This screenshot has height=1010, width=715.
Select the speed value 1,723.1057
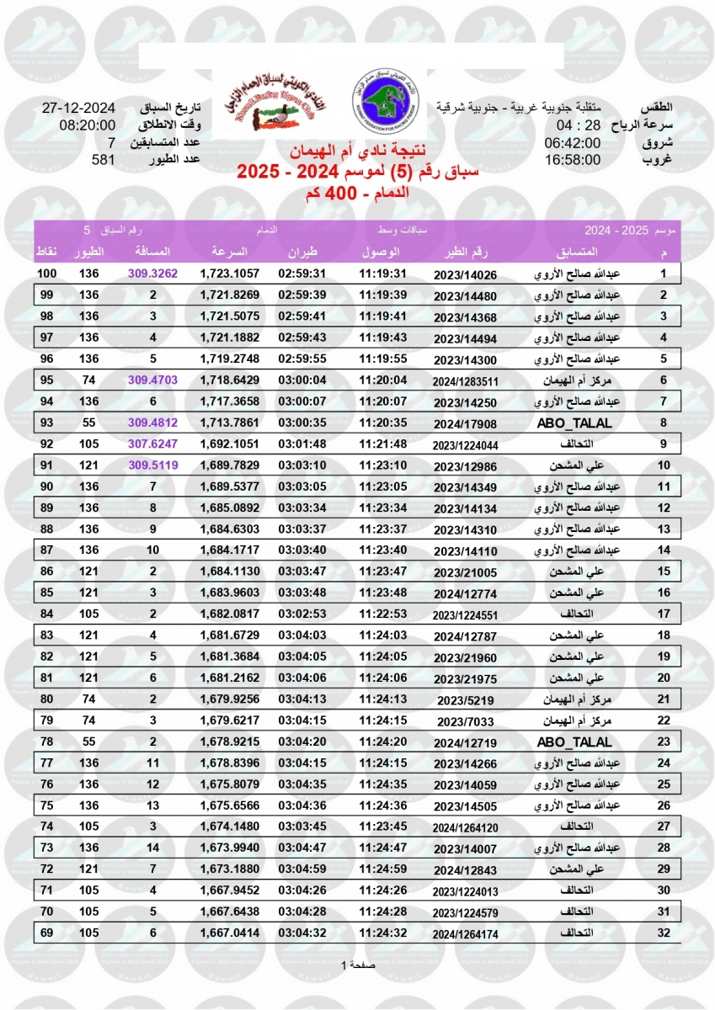click(x=230, y=274)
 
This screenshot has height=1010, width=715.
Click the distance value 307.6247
click(x=152, y=443)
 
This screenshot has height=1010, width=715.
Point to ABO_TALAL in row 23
click(x=574, y=742)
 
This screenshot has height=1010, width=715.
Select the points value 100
click(x=47, y=274)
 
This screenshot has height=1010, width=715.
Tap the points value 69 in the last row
click(x=47, y=932)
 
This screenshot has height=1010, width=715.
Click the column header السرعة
click(x=230, y=252)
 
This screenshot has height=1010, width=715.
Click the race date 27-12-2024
click(x=77, y=109)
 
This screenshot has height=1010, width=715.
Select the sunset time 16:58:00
click(x=573, y=159)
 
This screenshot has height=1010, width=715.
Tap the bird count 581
click(x=103, y=159)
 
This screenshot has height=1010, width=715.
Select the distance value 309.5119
click(x=152, y=464)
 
